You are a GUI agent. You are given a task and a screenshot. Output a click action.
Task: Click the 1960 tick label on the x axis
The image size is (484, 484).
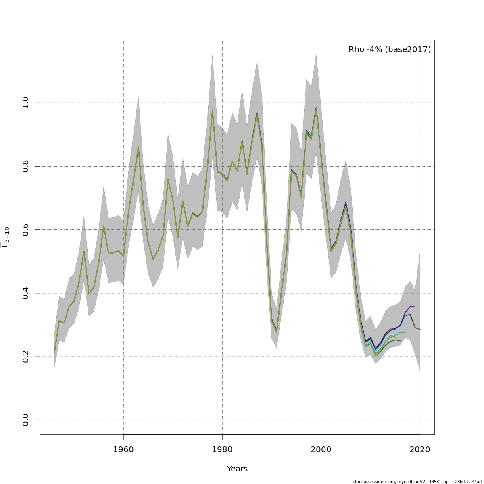123,449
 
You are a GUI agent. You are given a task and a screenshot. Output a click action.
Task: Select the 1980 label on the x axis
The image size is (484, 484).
222,449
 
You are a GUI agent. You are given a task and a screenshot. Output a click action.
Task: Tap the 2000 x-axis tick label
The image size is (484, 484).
321,449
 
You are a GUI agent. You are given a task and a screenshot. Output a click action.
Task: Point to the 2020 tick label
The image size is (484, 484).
420,449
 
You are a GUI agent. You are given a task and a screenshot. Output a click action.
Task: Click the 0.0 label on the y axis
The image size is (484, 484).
25,420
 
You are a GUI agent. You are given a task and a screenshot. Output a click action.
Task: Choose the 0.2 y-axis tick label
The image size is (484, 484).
25,357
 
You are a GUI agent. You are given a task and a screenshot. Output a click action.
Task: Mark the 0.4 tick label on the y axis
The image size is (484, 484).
25,293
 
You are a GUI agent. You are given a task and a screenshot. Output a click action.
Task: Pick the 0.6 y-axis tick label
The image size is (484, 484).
25,229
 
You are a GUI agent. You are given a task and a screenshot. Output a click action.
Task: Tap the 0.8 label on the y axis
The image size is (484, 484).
25,166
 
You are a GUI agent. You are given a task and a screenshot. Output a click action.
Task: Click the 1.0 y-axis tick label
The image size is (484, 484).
25,103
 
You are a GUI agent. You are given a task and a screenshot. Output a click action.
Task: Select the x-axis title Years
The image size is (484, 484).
237,469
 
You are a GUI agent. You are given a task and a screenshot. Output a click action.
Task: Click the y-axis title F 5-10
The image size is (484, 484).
5,237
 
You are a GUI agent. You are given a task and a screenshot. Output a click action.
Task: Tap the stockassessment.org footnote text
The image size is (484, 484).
417,482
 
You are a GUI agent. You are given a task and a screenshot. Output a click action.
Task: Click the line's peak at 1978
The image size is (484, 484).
212,110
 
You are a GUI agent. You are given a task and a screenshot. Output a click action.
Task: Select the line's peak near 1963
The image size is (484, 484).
138,146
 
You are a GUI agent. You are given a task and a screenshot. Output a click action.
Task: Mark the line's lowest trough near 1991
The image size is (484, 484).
277,332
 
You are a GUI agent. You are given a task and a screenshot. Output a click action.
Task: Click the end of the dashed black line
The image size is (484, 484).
420,329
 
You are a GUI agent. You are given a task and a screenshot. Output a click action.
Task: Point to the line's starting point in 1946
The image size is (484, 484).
54,353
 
